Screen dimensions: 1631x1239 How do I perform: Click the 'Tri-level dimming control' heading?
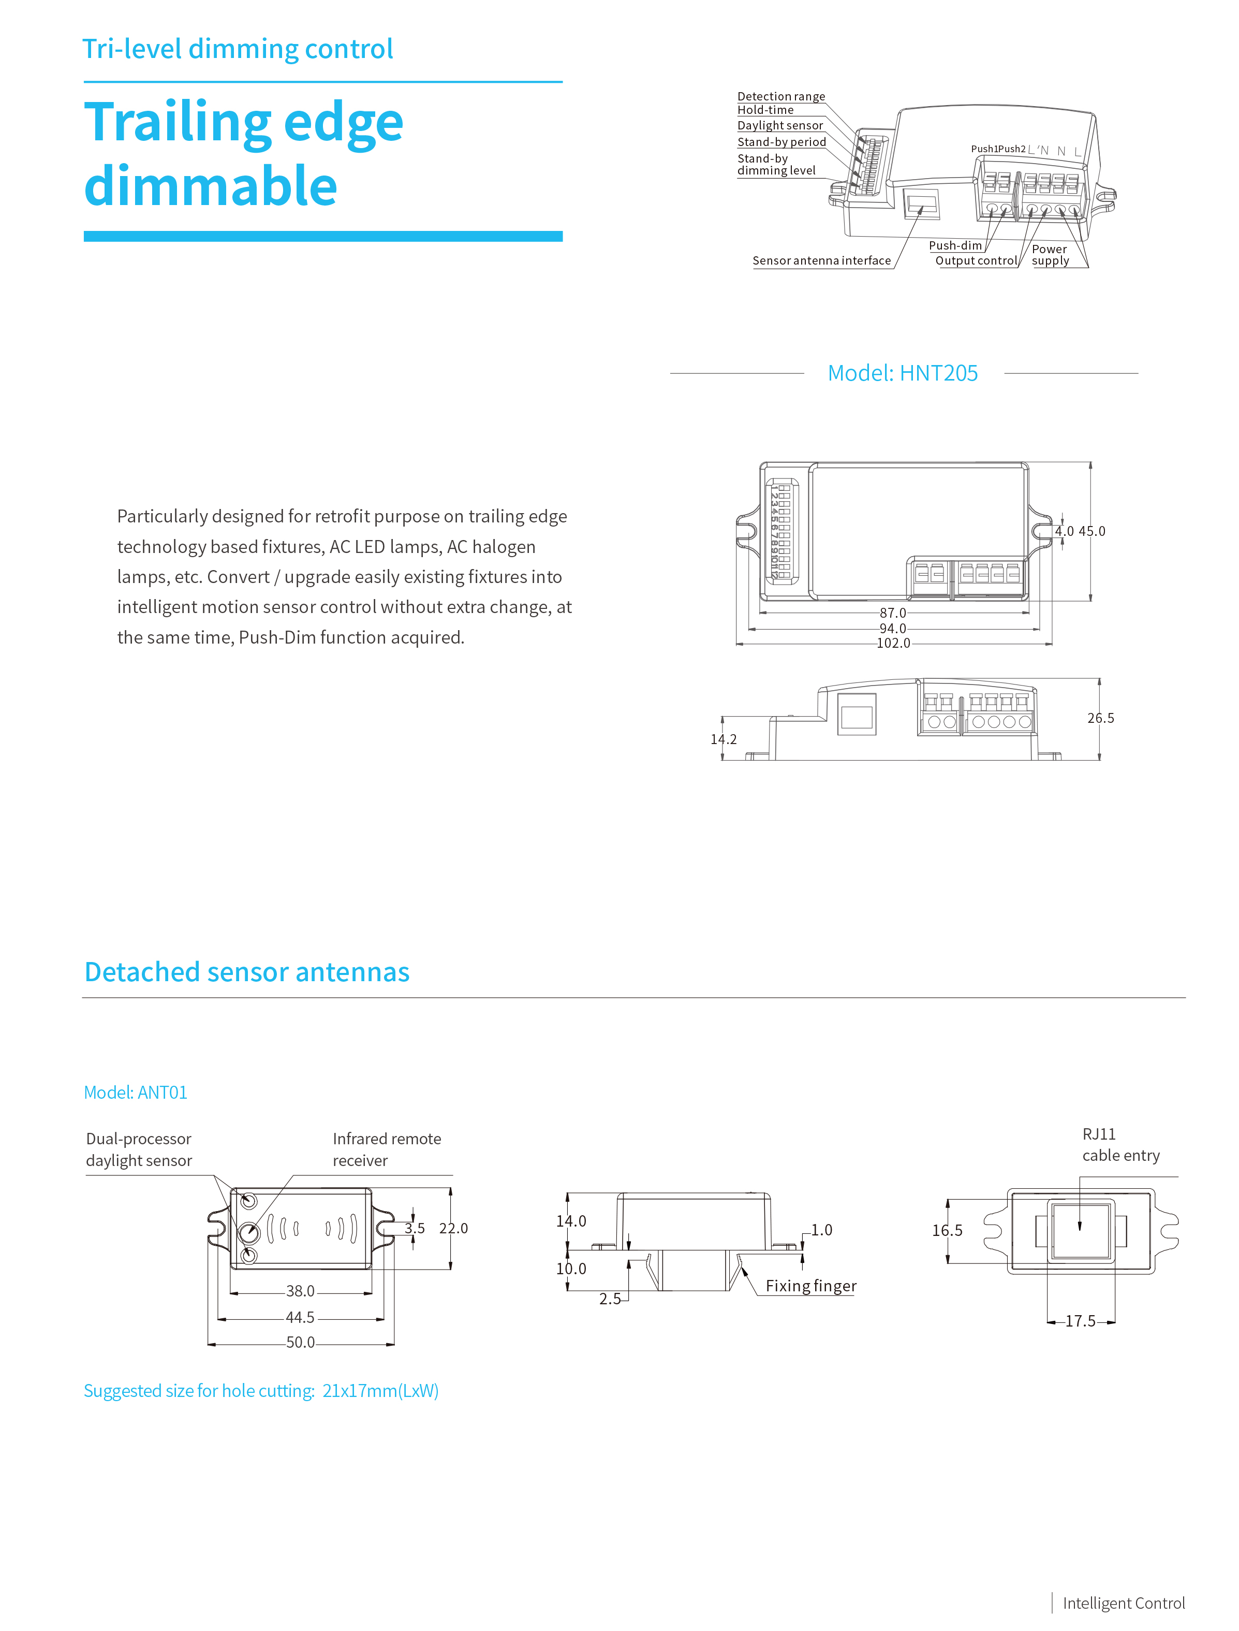[238, 49]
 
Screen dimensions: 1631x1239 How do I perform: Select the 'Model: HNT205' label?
[902, 373]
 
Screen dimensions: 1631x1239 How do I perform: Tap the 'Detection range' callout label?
[781, 97]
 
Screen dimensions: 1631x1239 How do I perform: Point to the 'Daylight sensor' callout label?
[779, 125]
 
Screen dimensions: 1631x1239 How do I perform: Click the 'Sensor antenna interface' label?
[821, 260]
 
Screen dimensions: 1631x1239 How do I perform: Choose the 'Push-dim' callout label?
[955, 245]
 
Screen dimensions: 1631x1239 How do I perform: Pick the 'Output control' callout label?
[976, 260]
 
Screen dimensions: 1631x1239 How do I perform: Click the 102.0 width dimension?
[893, 643]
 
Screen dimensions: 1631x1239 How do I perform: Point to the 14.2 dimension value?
[724, 739]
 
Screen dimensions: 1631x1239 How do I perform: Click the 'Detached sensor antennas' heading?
[247, 972]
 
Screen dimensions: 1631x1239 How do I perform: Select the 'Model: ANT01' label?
[136, 1093]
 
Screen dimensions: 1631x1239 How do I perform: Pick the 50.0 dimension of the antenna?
[300, 1342]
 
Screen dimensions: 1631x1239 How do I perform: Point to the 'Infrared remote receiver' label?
[387, 1149]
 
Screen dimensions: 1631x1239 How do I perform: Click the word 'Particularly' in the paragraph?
[161, 516]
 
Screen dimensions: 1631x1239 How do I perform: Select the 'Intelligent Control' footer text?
[1123, 1603]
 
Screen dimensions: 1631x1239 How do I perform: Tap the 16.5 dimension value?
[947, 1230]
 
